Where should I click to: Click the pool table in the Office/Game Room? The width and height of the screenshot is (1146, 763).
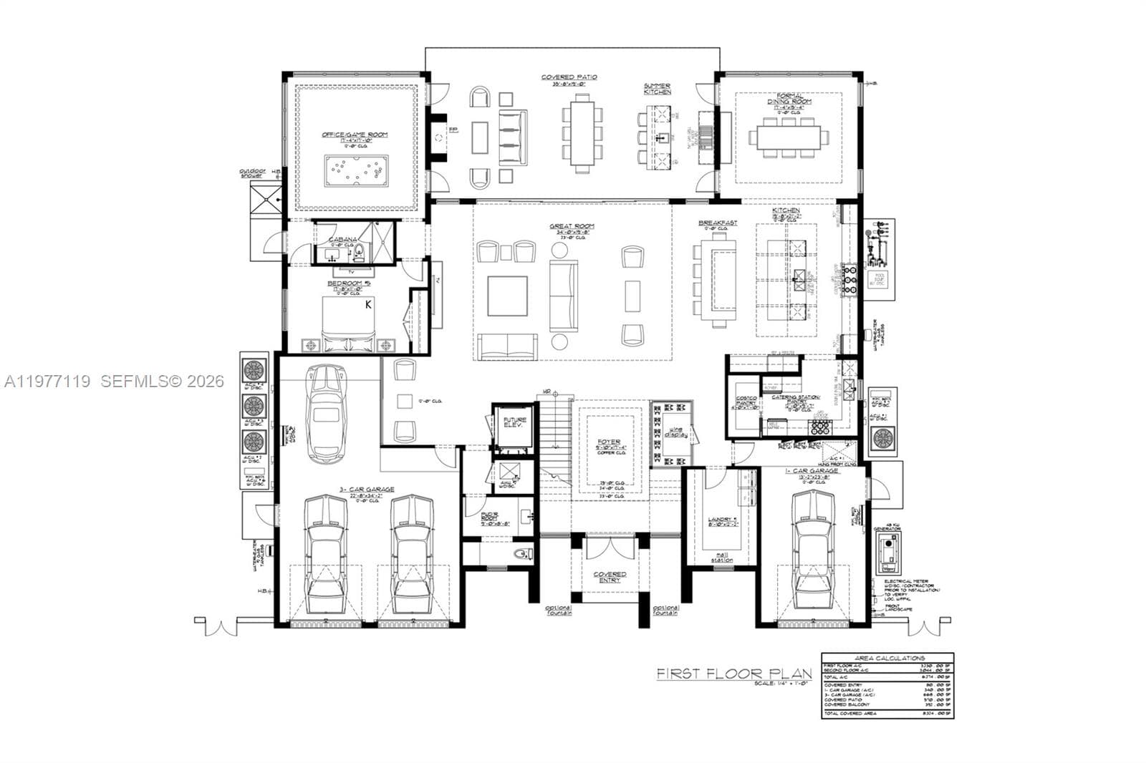coord(356,170)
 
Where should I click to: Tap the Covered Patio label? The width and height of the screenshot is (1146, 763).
coord(569,77)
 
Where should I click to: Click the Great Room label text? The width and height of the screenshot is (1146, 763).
coord(572,227)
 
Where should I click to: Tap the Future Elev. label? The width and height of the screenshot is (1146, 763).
coord(514,422)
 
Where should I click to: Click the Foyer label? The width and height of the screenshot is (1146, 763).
coord(610,443)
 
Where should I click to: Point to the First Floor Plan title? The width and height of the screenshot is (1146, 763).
coord(734,674)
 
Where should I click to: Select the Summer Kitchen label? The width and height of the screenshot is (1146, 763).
coord(657,89)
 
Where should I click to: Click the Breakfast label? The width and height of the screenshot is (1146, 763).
coord(718,223)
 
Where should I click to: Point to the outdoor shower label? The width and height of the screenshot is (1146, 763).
coord(253,173)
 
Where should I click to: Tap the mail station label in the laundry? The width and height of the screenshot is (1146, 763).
coord(723,558)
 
